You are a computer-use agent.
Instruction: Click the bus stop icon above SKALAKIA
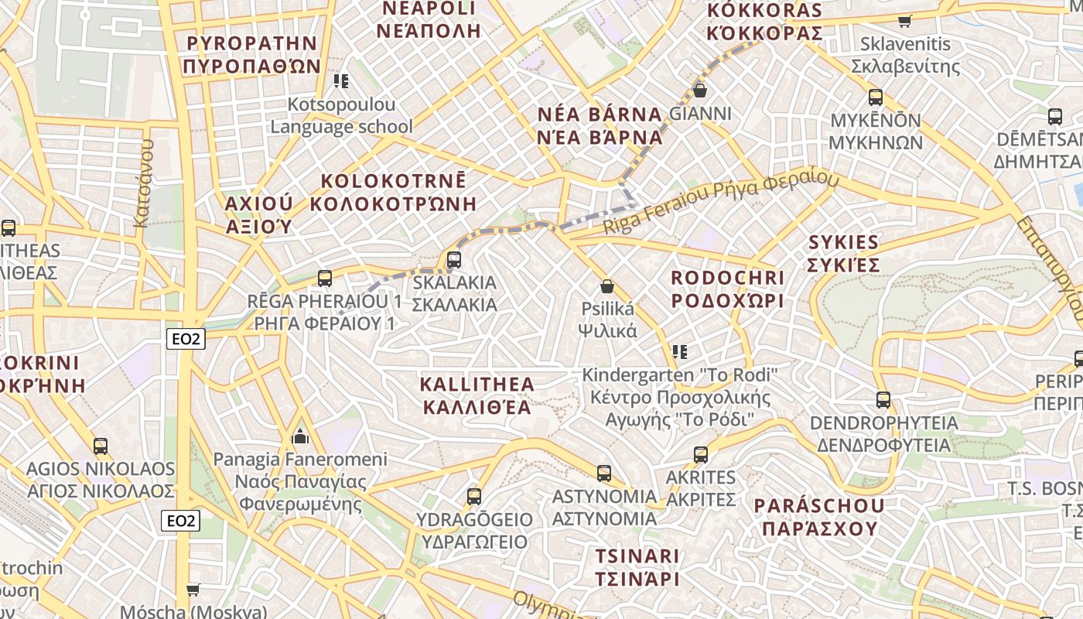(454, 259)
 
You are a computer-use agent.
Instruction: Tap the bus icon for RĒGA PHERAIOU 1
(325, 278)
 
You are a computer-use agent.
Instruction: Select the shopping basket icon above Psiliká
(607, 286)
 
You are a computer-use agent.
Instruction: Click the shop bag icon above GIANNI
(700, 91)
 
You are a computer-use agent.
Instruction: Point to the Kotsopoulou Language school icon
(341, 80)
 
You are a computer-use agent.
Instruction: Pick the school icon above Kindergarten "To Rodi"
(680, 352)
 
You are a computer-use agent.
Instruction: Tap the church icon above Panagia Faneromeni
(300, 437)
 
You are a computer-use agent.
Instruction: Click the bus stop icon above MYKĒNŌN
(876, 97)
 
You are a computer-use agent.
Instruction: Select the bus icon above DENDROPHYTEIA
(883, 400)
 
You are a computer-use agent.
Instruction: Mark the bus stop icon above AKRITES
(701, 454)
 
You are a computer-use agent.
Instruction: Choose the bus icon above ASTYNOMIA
(604, 473)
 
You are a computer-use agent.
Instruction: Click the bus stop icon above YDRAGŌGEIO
(474, 496)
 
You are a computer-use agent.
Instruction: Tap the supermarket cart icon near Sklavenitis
(904, 21)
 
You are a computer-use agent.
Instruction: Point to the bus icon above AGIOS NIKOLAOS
(101, 446)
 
